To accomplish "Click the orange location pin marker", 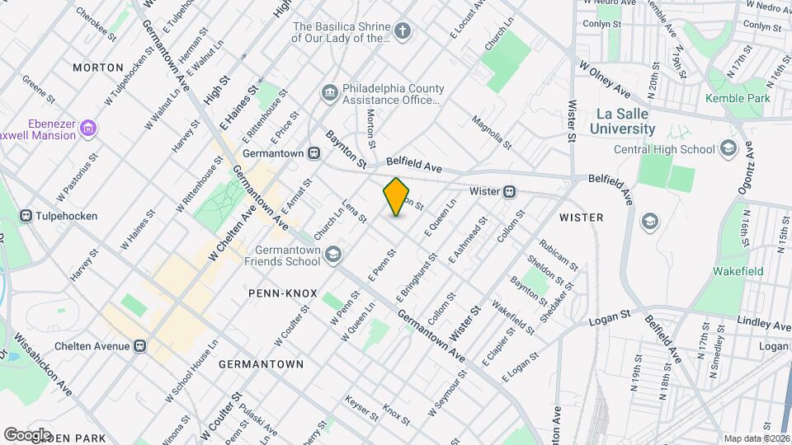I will click(397, 197).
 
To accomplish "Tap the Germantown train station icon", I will click(313, 153).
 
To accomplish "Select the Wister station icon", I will click(510, 191).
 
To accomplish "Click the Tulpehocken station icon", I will click(26, 216).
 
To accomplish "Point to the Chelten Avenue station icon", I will click(141, 345).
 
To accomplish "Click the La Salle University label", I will click(623, 121).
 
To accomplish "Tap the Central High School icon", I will click(727, 149).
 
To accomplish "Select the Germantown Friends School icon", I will click(332, 254).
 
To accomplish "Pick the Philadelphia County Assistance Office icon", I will click(329, 92).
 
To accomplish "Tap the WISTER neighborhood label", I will click(581, 218).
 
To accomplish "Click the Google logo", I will click(27, 434).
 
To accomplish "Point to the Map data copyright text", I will click(756, 438).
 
